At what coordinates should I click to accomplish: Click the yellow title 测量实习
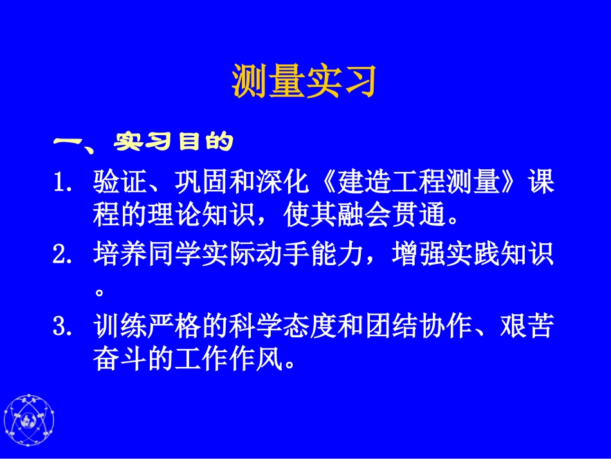304,81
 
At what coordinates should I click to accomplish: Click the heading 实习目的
173,142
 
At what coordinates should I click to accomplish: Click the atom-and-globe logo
29,422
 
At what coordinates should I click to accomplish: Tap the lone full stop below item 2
99,292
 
